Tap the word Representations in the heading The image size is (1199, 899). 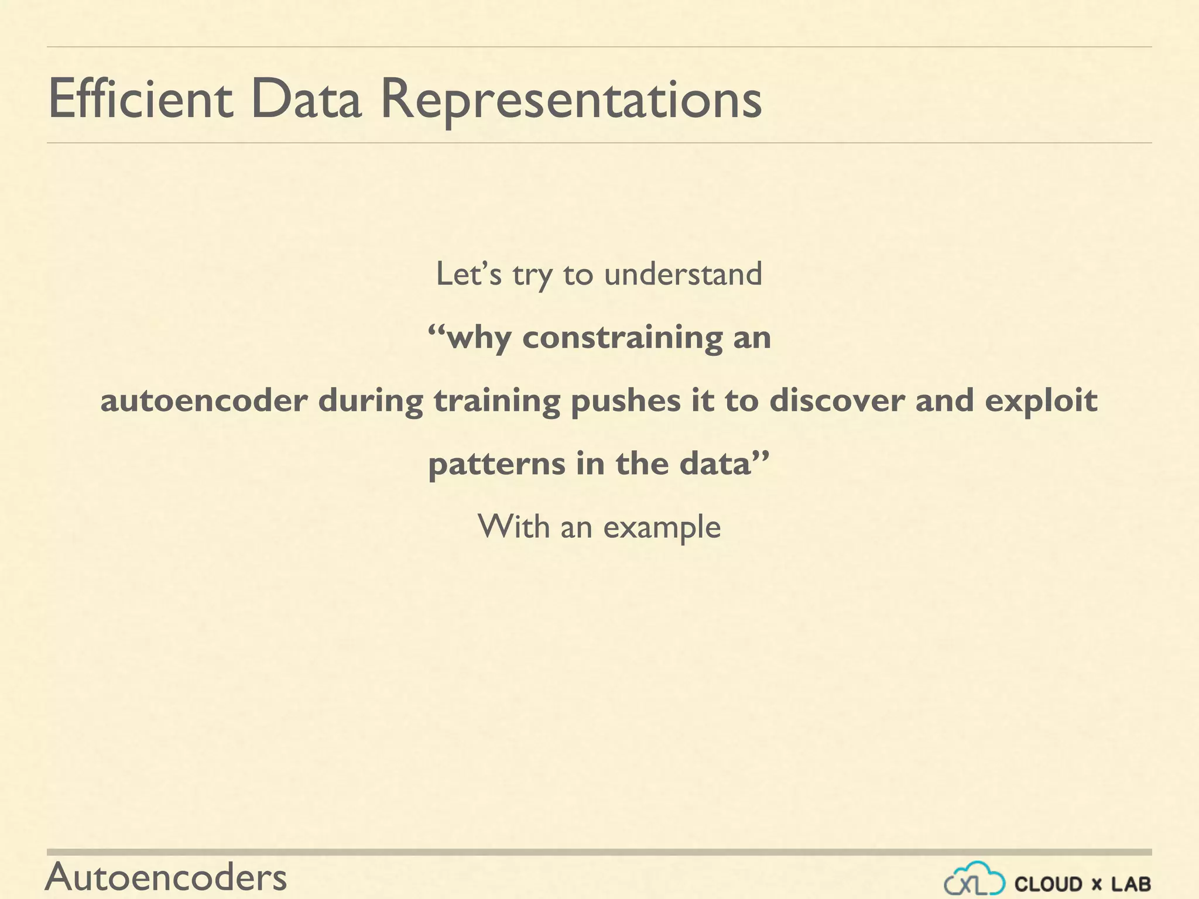point(571,101)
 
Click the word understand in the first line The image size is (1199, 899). point(683,274)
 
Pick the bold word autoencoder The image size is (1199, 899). point(204,401)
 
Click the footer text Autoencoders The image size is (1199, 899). point(166,877)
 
